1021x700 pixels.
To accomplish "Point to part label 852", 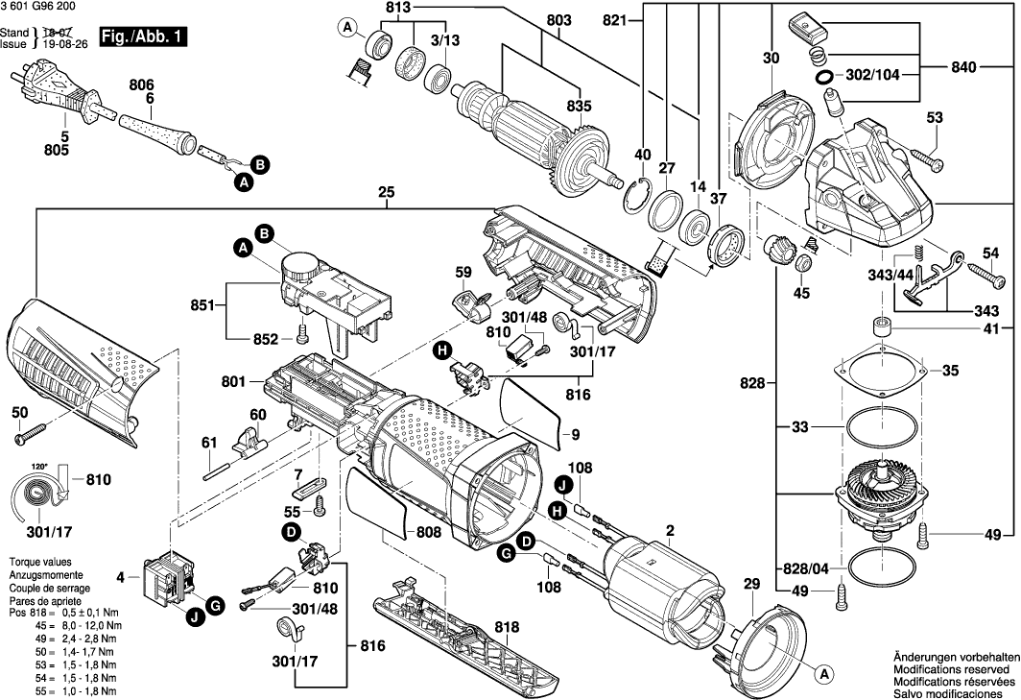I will (x=266, y=339).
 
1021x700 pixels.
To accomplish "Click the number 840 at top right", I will (x=964, y=67).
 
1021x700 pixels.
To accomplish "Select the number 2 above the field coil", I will (x=671, y=529).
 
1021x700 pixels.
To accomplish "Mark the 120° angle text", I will (x=39, y=466).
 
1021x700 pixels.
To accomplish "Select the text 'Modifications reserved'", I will (x=951, y=667).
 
